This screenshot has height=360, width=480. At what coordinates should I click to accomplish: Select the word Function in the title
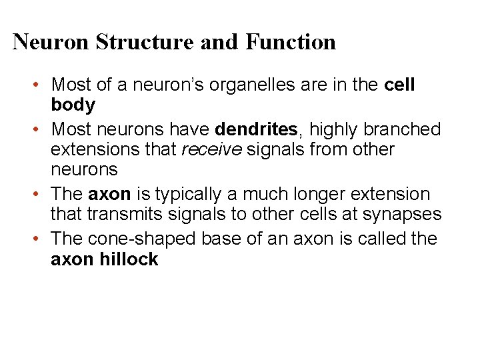tap(291, 42)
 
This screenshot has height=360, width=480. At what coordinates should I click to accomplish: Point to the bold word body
tap(73, 105)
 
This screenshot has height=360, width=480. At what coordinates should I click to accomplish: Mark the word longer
tap(320, 194)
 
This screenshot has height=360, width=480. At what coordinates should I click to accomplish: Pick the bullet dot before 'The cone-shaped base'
tap(41, 239)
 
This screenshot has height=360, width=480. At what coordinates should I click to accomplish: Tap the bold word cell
tap(400, 85)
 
